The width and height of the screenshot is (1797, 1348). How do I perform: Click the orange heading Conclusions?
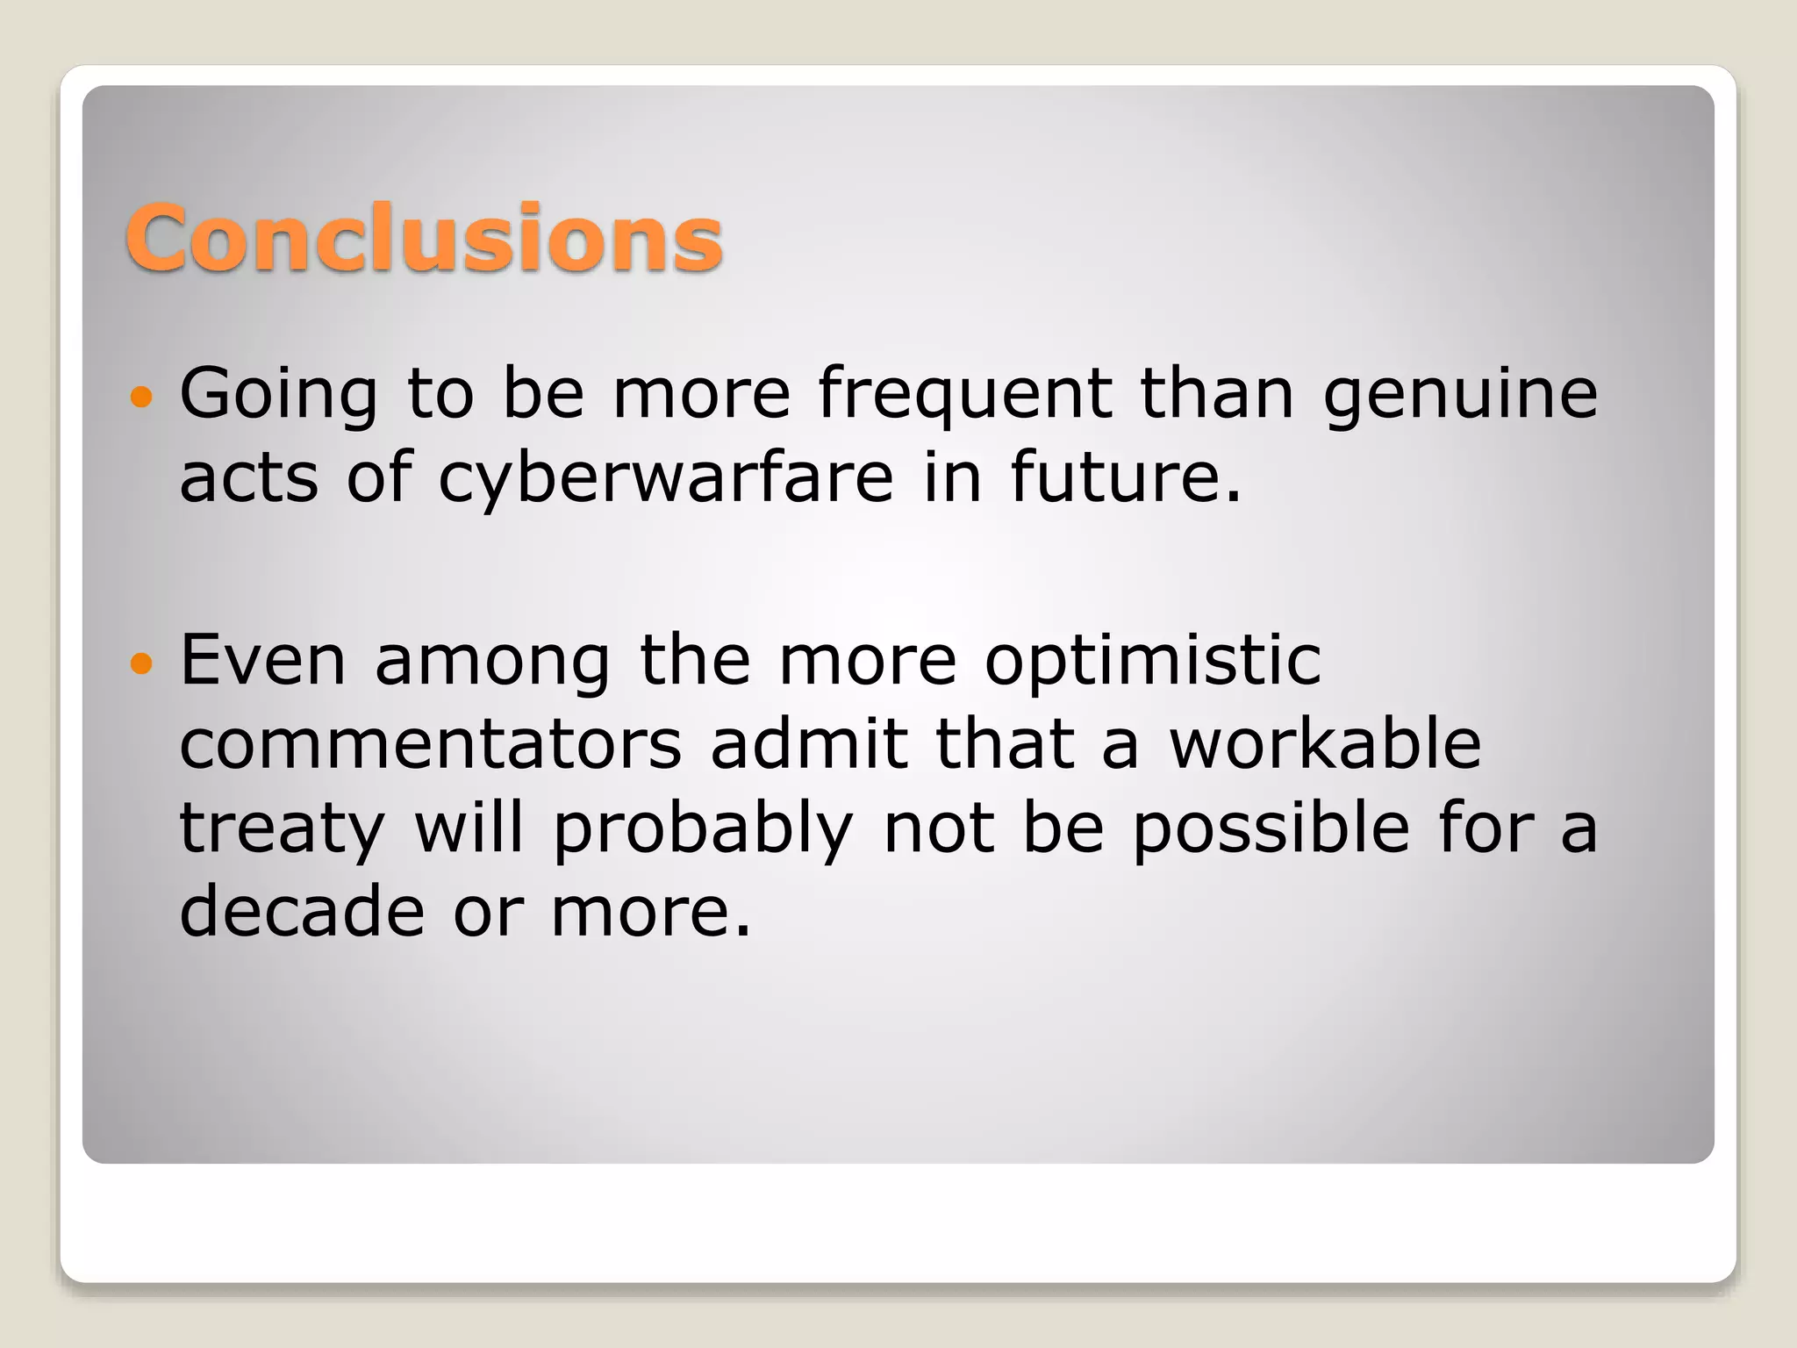click(424, 239)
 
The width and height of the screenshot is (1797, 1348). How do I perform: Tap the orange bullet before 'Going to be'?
click(140, 398)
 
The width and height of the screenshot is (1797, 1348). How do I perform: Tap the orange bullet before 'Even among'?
click(140, 663)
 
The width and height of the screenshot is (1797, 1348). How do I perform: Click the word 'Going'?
click(279, 395)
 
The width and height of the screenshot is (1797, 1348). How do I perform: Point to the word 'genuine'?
click(1460, 395)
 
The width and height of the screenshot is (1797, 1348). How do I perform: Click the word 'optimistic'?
click(1152, 662)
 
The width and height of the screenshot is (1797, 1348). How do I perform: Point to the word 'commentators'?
click(431, 744)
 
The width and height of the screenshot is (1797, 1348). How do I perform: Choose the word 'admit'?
click(808, 744)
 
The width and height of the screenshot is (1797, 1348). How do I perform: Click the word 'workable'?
click(1326, 744)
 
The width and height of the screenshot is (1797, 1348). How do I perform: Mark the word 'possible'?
click(1271, 828)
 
